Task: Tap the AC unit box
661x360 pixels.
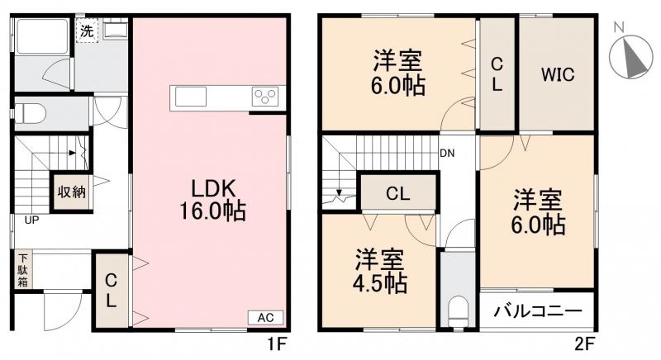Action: point(265,317)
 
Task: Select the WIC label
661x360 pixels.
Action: point(557,73)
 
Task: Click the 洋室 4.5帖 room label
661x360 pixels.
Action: point(381,272)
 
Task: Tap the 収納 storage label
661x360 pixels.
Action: point(71,192)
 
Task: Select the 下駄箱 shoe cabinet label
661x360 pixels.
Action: point(21,270)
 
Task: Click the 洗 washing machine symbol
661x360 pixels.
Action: point(86,32)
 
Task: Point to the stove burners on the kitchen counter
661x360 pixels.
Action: point(266,97)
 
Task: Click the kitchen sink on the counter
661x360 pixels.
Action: point(188,97)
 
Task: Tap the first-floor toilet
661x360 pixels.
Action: point(36,111)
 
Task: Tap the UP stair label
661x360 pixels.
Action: point(30,220)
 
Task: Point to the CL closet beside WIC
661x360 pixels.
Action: point(497,73)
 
